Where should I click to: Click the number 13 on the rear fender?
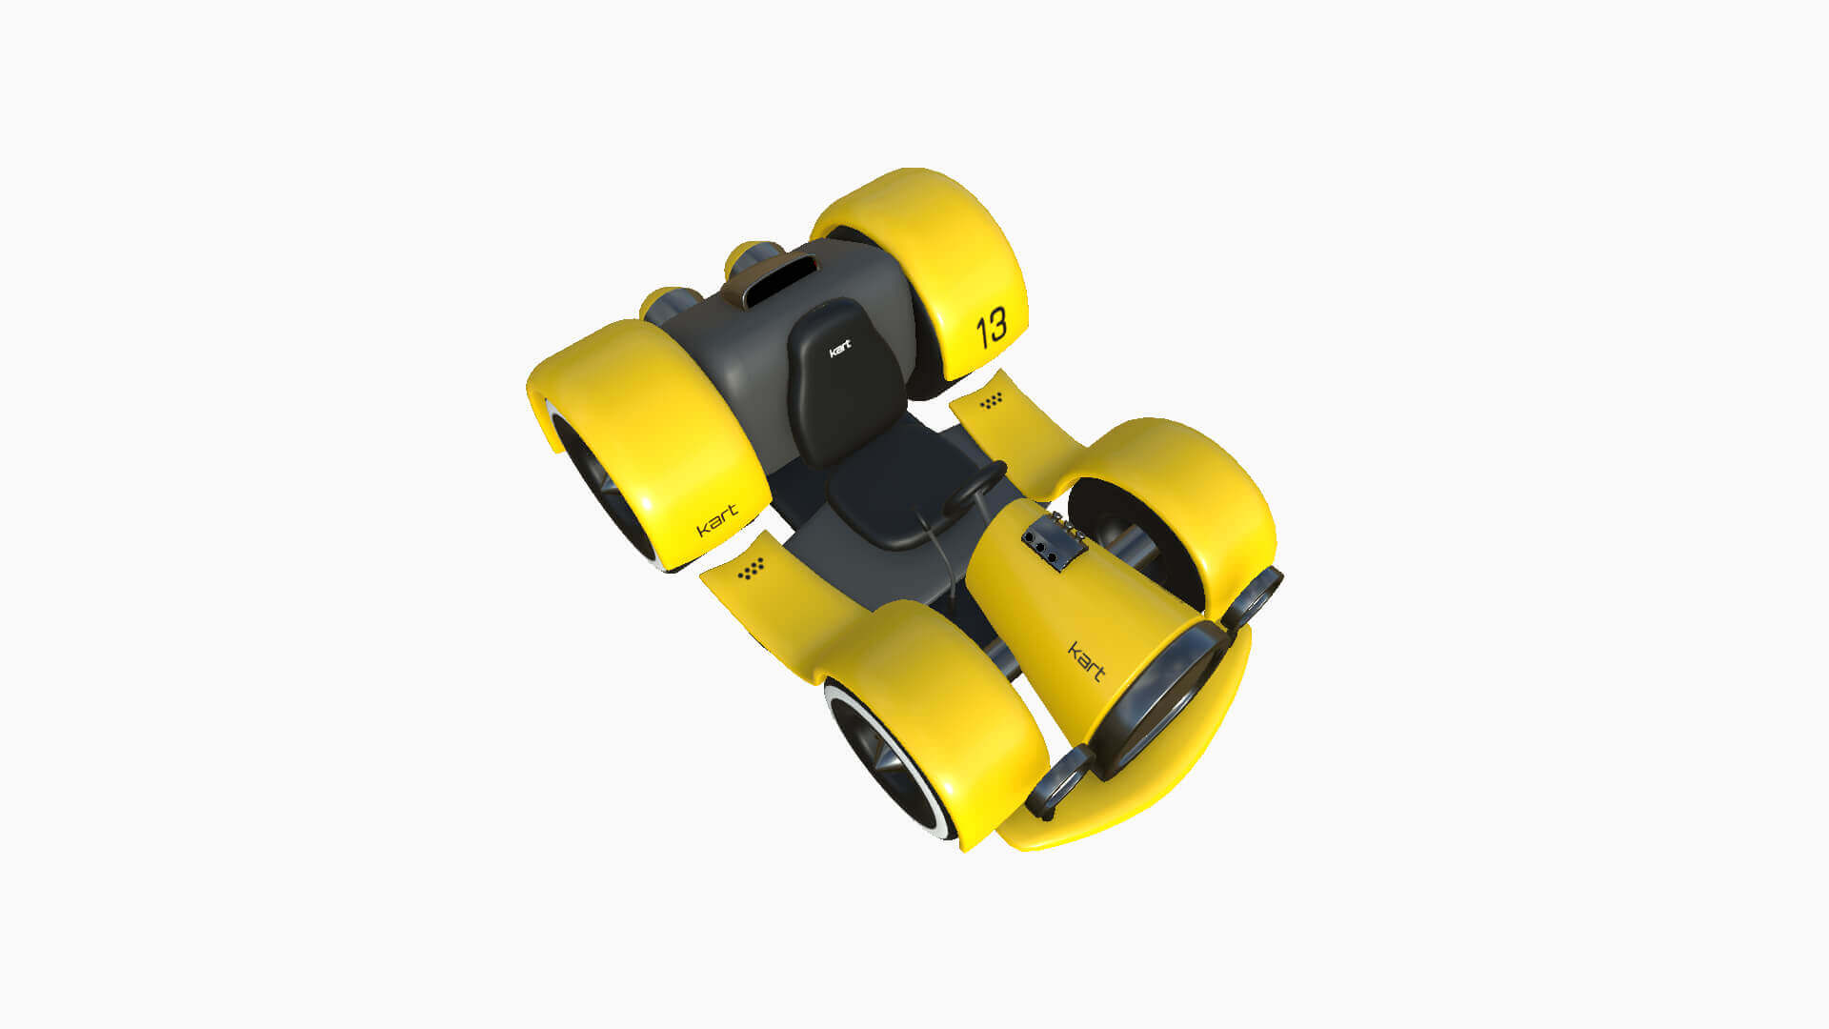coord(991,327)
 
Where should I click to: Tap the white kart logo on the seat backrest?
coord(839,349)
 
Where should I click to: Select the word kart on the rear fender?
coord(717,520)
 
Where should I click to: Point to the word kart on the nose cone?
coord(1086,661)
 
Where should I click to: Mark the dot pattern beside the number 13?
coord(992,401)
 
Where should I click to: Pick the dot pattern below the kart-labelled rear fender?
coord(751,569)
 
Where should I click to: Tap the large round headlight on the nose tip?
coord(1157,700)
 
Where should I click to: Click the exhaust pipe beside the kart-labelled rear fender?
coord(667,303)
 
